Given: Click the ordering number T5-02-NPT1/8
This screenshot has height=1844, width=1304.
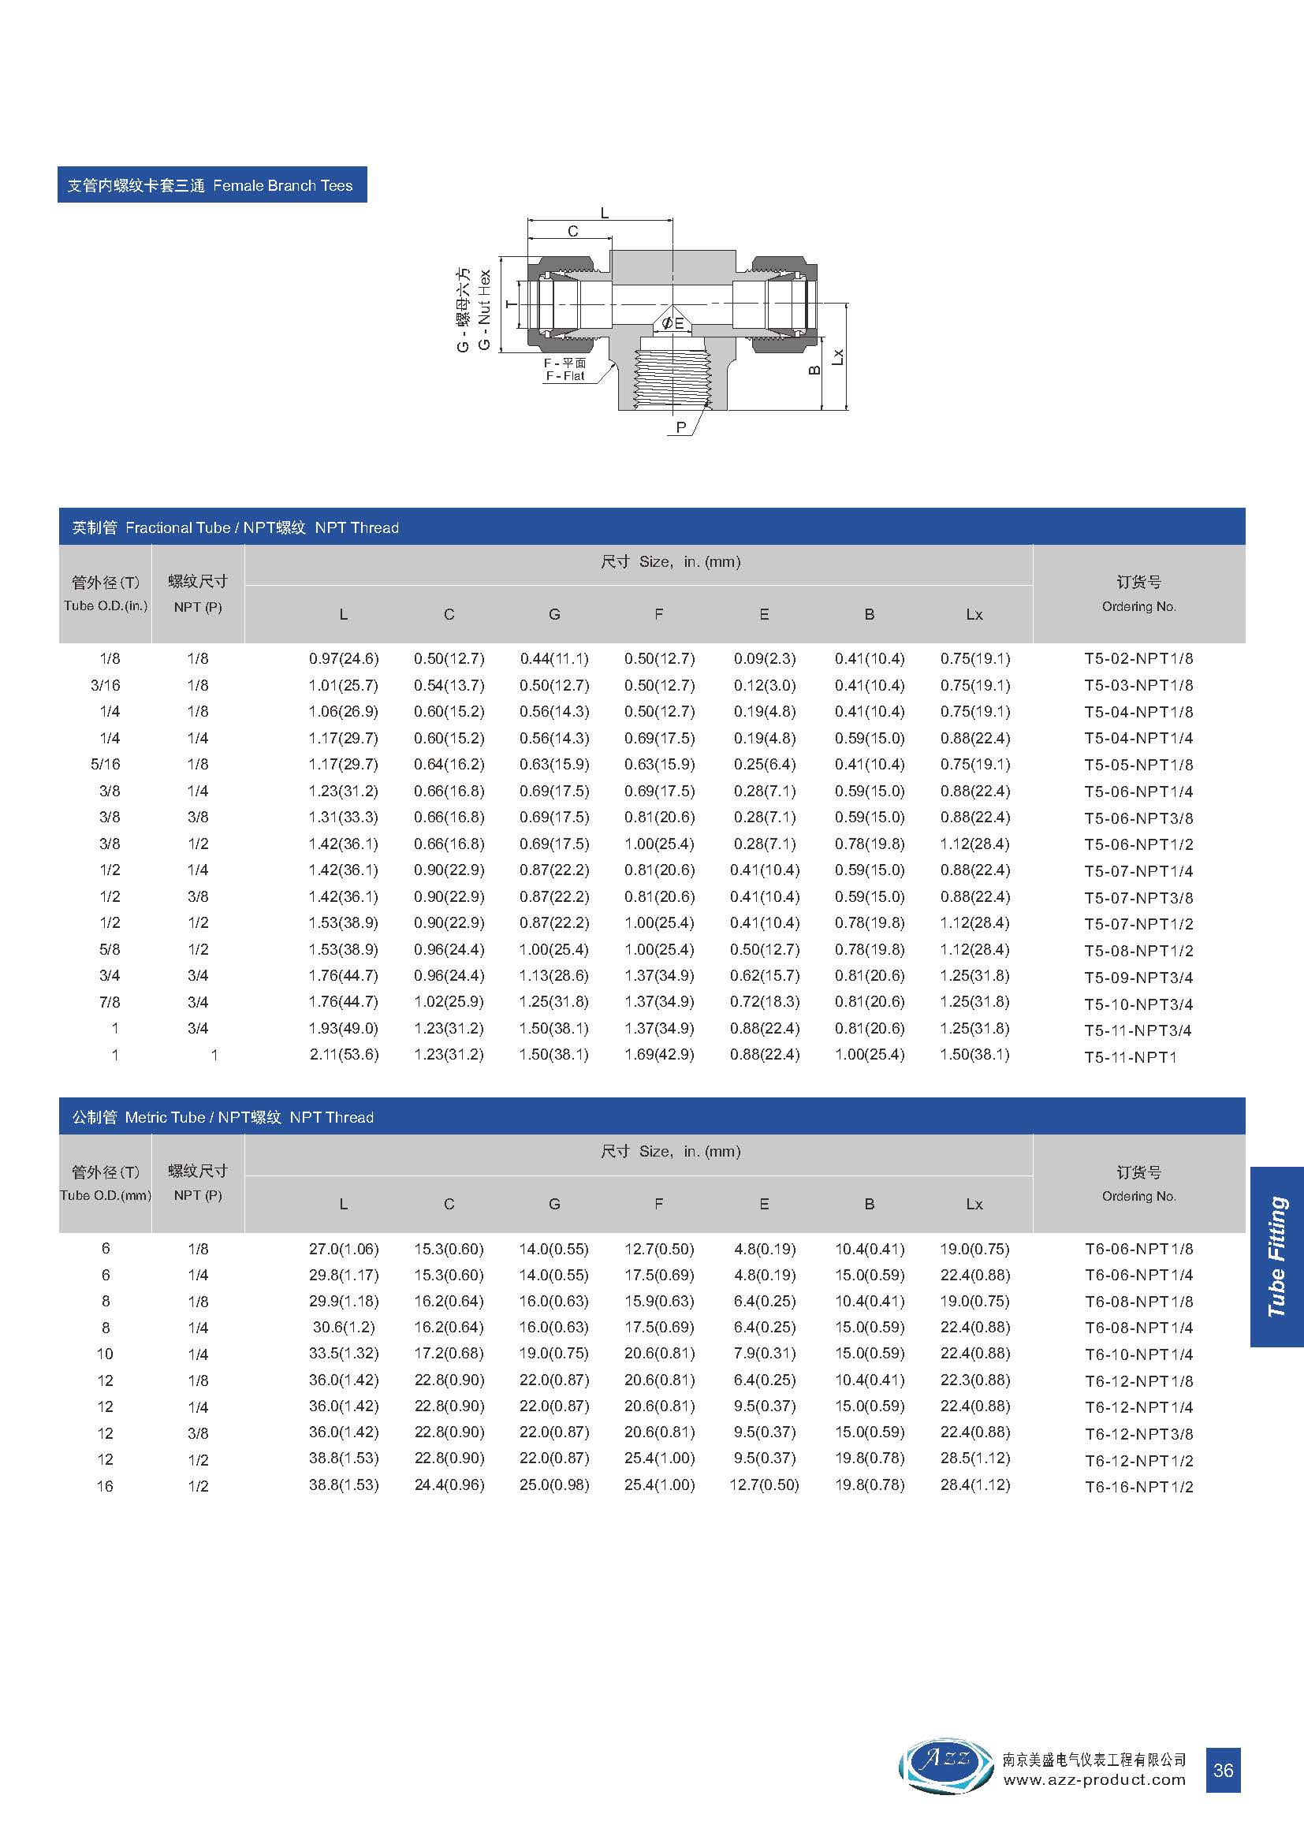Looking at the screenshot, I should tap(1138, 658).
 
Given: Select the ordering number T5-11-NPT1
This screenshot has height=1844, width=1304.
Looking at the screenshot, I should tap(1130, 1057).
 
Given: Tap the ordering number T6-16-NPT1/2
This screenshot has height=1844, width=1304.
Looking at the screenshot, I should tap(1138, 1487).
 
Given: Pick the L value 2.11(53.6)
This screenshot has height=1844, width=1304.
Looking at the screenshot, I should tap(344, 1055).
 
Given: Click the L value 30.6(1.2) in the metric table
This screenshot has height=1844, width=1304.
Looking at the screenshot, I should tap(344, 1328).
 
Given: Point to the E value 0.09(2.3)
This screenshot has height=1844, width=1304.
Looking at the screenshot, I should tap(764, 658).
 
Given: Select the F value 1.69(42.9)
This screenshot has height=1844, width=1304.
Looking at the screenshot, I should tap(658, 1055).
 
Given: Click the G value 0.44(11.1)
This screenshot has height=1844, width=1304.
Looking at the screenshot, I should tap(554, 658).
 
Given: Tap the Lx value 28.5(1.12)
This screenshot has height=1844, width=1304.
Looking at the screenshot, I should tap(974, 1458).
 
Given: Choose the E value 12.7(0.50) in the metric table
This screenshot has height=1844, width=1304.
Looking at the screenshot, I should tap(764, 1485).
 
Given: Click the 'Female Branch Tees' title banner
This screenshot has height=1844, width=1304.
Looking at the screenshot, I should tap(212, 185).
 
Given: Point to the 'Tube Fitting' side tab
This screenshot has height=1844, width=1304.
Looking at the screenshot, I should tap(1276, 1257).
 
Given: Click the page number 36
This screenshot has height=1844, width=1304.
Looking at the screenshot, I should tap(1223, 1770).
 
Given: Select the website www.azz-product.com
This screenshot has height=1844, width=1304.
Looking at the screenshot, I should tap(1093, 1780).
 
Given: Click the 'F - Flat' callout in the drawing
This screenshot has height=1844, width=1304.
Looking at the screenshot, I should tap(565, 376).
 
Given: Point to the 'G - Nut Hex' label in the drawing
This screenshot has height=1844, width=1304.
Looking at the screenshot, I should tap(484, 310).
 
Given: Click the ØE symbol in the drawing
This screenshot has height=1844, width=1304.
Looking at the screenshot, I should tap(672, 323).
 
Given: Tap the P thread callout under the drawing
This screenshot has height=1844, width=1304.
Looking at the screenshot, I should tap(681, 427).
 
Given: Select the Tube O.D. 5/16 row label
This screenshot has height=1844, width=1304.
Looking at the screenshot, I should tap(105, 765).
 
